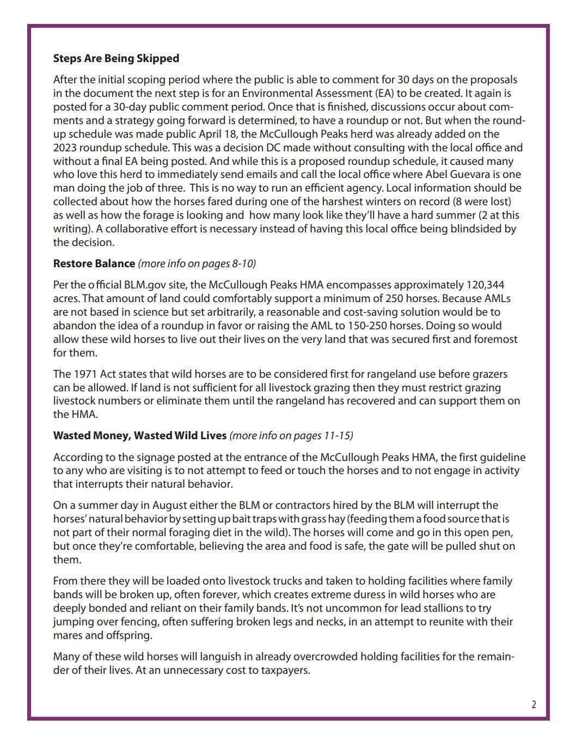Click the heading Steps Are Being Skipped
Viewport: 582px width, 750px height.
tap(116, 58)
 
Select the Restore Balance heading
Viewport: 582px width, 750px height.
tap(94, 263)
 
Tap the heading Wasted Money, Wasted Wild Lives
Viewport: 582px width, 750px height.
tap(139, 435)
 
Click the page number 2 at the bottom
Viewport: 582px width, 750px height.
tap(534, 704)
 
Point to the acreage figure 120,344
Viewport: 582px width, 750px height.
tap(485, 285)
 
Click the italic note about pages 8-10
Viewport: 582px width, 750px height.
tap(197, 263)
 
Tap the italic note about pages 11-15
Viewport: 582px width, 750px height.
tap(291, 435)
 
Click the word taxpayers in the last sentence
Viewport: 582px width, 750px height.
tap(284, 670)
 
